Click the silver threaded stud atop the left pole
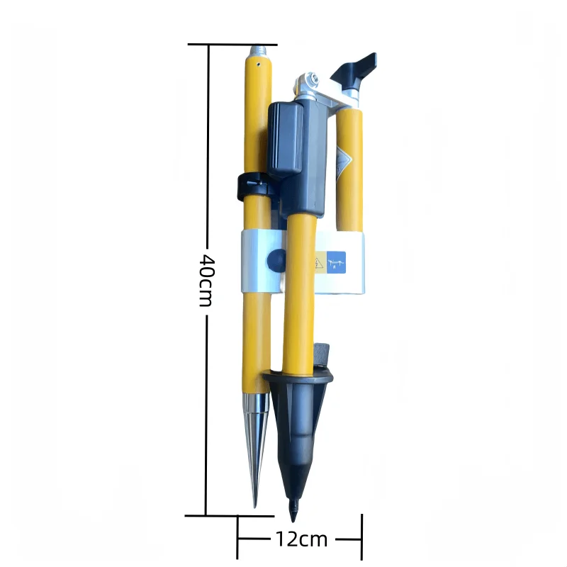coord(258,50)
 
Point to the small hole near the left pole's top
coord(259,63)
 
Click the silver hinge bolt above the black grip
coord(309,79)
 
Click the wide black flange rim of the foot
coord(298,376)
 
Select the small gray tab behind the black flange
coord(322,352)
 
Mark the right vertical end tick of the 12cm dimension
coord(362,539)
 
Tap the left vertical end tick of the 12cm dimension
coord(237,539)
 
